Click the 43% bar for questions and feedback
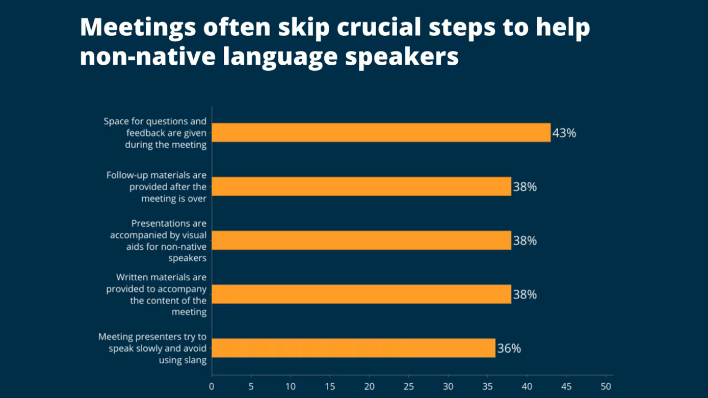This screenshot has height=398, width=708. (381, 133)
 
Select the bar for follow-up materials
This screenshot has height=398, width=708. (362, 186)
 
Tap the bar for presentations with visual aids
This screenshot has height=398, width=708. (362, 240)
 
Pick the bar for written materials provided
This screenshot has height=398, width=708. (362, 294)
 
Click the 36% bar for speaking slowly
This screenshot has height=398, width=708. (353, 348)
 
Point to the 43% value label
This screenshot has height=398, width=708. (564, 133)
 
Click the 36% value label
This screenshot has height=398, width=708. (509, 348)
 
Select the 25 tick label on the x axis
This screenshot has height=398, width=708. (409, 386)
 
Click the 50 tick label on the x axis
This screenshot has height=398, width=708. (606, 386)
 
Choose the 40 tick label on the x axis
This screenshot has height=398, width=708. (527, 386)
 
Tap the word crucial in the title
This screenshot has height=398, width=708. (379, 27)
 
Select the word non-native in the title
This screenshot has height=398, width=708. (148, 56)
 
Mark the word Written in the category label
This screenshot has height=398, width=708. (132, 277)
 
